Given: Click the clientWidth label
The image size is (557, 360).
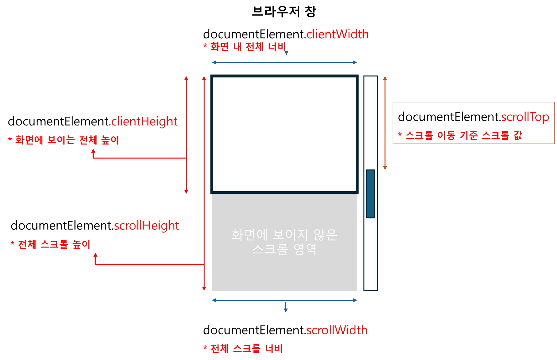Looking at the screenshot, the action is [338, 34].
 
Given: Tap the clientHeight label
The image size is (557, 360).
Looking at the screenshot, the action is [144, 122].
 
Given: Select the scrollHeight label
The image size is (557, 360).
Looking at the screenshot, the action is [147, 226].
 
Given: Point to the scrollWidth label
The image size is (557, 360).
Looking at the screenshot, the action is [337, 330].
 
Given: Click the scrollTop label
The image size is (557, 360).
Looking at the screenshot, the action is [525, 117].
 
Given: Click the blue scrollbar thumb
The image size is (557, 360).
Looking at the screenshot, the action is [370, 194].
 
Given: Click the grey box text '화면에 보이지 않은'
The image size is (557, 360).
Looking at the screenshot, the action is [284, 235].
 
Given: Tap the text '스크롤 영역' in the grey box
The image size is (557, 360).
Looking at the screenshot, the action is [284, 249].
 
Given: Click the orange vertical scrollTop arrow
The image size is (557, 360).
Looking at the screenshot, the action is [385, 123].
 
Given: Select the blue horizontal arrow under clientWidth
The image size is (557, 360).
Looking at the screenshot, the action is [284, 62].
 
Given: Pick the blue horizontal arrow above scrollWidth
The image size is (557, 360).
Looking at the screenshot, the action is [284, 300].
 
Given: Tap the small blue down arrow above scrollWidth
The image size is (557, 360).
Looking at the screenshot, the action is [286, 308].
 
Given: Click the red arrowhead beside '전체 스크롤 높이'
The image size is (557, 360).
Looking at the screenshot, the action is [95, 255].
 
